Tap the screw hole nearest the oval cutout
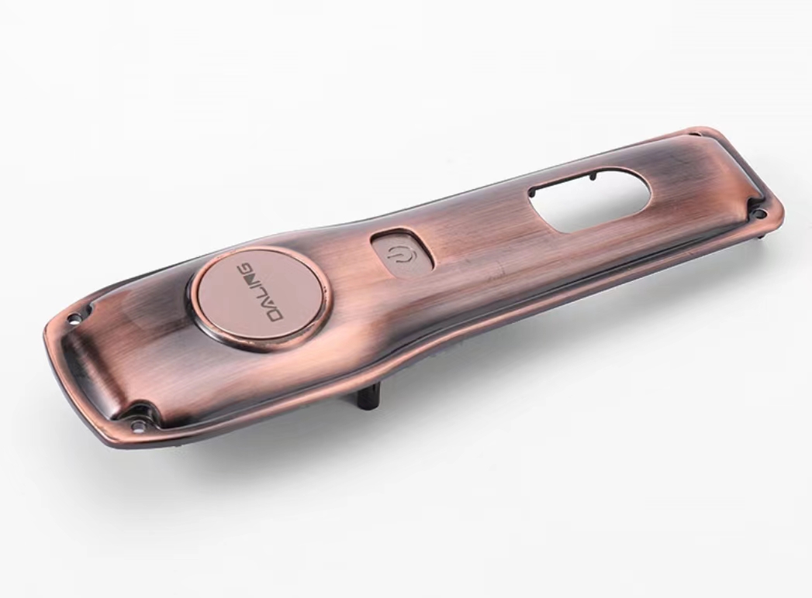(x=762, y=212)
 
